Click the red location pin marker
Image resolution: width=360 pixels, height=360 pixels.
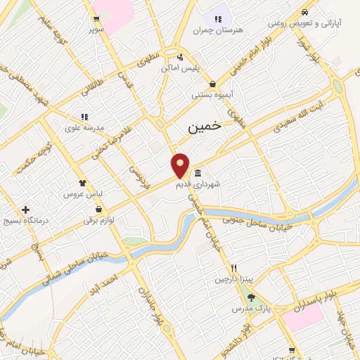coord(181,166)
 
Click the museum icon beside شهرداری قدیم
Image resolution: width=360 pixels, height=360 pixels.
coord(197,174)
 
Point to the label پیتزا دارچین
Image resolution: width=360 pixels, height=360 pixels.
coord(233,279)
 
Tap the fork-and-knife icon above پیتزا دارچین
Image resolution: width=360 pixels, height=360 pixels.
coord(233,268)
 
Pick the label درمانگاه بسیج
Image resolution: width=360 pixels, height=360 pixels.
coord(27,221)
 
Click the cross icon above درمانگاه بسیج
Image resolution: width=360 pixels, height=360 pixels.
coord(26,210)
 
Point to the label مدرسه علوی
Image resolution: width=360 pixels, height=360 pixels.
coord(85,127)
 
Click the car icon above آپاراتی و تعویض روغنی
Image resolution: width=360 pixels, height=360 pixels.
coord(304,12)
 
